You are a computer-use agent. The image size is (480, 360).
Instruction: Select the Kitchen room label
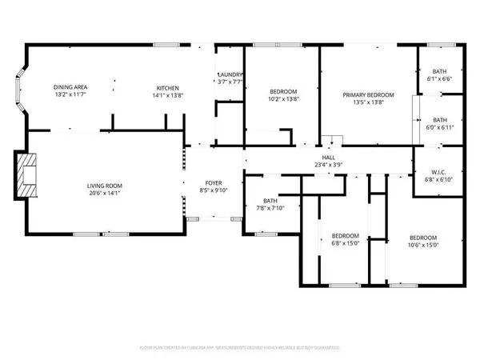pyautogui.click(x=167, y=87)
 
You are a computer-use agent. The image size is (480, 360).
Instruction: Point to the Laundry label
pyautogui.click(x=230, y=75)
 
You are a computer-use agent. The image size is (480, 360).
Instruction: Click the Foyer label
pyautogui.click(x=214, y=183)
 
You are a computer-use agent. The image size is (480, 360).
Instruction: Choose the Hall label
pyautogui.click(x=328, y=158)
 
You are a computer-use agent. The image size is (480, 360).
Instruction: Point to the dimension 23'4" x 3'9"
pyautogui.click(x=328, y=166)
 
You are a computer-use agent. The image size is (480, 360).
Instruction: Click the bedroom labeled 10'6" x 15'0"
pyautogui.click(x=423, y=242)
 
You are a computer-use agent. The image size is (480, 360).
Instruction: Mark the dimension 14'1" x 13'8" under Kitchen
pyautogui.click(x=167, y=94)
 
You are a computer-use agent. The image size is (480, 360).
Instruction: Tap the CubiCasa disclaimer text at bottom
pyautogui.click(x=240, y=348)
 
